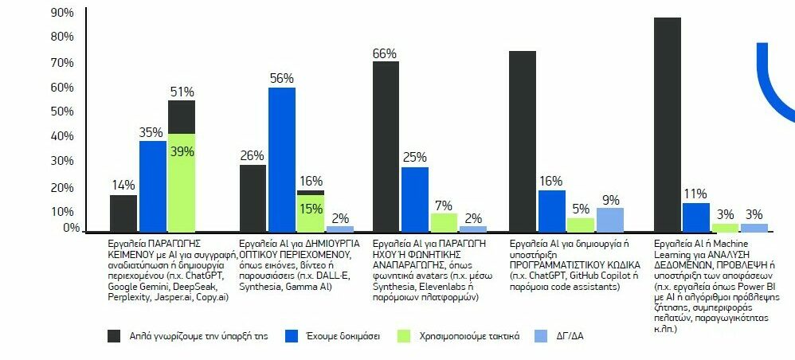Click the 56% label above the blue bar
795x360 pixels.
pos(281,78)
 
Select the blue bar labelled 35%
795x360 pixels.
pos(152,186)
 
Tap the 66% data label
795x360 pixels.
pos(386,53)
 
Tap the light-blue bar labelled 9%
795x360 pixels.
pos(610,219)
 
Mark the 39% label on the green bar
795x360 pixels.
pos(182,152)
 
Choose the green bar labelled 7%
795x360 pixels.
pos(444,221)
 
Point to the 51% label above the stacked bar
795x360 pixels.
pos(182,92)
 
